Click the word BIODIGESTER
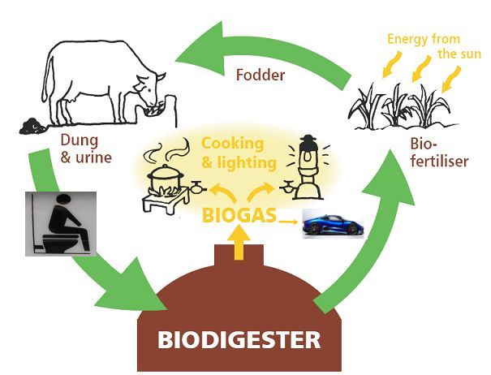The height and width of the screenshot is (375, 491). pyautogui.click(x=239, y=340)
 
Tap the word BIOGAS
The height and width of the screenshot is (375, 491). pyautogui.click(x=239, y=215)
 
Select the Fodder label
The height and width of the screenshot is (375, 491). pyautogui.click(x=261, y=75)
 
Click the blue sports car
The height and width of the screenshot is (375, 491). pyautogui.click(x=334, y=224)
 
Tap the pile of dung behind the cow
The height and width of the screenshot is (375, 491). pyautogui.click(x=32, y=126)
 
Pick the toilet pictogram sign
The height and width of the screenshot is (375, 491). pyautogui.click(x=61, y=224)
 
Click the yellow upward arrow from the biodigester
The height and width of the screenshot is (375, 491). pyautogui.click(x=239, y=243)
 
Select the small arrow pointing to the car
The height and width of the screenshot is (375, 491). pyautogui.click(x=288, y=222)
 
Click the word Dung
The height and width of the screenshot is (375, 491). pyautogui.click(x=80, y=140)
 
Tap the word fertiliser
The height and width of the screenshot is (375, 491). pyautogui.click(x=439, y=161)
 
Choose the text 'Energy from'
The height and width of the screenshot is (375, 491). pyautogui.click(x=424, y=39)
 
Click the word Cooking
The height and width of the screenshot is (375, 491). pyautogui.click(x=232, y=144)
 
